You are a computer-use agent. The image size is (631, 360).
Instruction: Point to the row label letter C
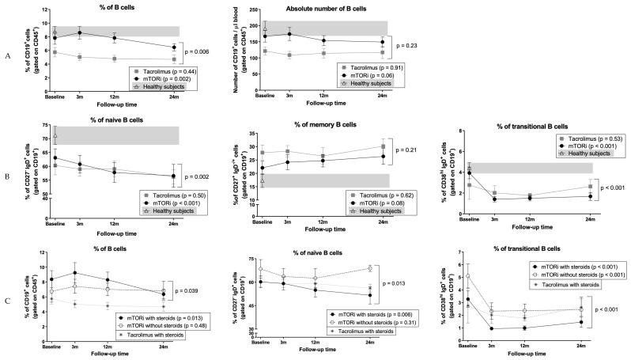tap(6, 301)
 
